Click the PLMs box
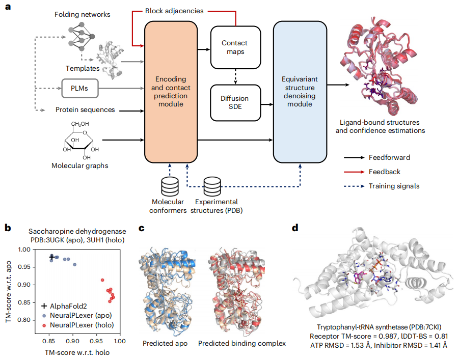click(x=79, y=88)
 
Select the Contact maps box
click(x=236, y=45)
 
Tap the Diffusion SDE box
click(x=236, y=102)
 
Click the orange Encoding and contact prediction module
click(x=171, y=92)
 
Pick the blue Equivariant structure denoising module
click(x=300, y=92)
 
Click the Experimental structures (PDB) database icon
click(x=212, y=187)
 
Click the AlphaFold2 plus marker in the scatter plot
click(x=52, y=257)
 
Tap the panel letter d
click(x=296, y=228)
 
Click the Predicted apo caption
click(x=164, y=343)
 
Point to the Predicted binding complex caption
click(x=241, y=343)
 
